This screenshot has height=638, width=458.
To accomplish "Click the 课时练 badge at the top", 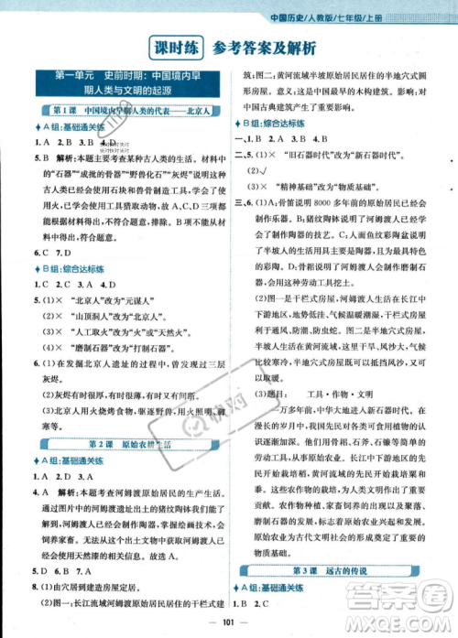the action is coord(179,47).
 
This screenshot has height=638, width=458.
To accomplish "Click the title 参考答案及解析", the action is coord(265,47).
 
